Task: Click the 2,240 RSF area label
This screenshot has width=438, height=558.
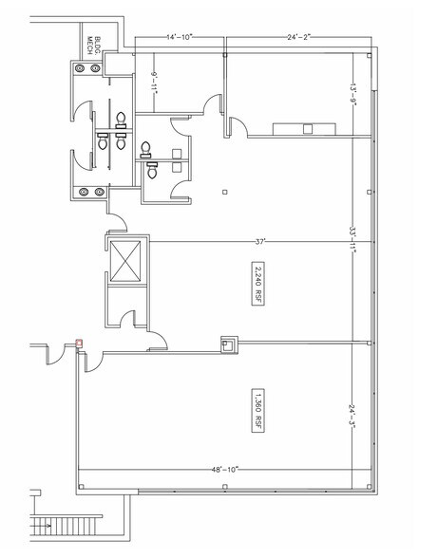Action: pos(258,284)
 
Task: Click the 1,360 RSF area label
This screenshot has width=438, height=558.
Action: pos(258,410)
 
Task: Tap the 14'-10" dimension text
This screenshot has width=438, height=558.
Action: pos(180,37)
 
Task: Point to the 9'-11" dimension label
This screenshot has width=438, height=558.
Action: pos(154,83)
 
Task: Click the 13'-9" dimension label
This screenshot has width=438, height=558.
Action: pos(352,94)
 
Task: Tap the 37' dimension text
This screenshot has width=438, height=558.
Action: pos(260,242)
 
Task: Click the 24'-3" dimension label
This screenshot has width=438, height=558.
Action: pos(352,416)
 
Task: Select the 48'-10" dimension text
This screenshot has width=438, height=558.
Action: pos(224,470)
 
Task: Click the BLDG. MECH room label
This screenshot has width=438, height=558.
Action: pos(94,46)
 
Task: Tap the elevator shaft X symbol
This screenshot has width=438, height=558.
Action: pos(125,261)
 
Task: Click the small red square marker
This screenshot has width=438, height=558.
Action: pos(80,344)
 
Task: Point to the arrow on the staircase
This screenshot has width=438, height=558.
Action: pos(42,526)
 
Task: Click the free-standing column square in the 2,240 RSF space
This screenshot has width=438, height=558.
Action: pos(224,192)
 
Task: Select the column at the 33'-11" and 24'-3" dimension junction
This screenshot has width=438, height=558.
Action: pos(370,344)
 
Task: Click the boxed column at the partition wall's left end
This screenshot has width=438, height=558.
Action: pos(229,344)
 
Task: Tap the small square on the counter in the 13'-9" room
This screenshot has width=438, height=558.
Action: pos(308,129)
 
